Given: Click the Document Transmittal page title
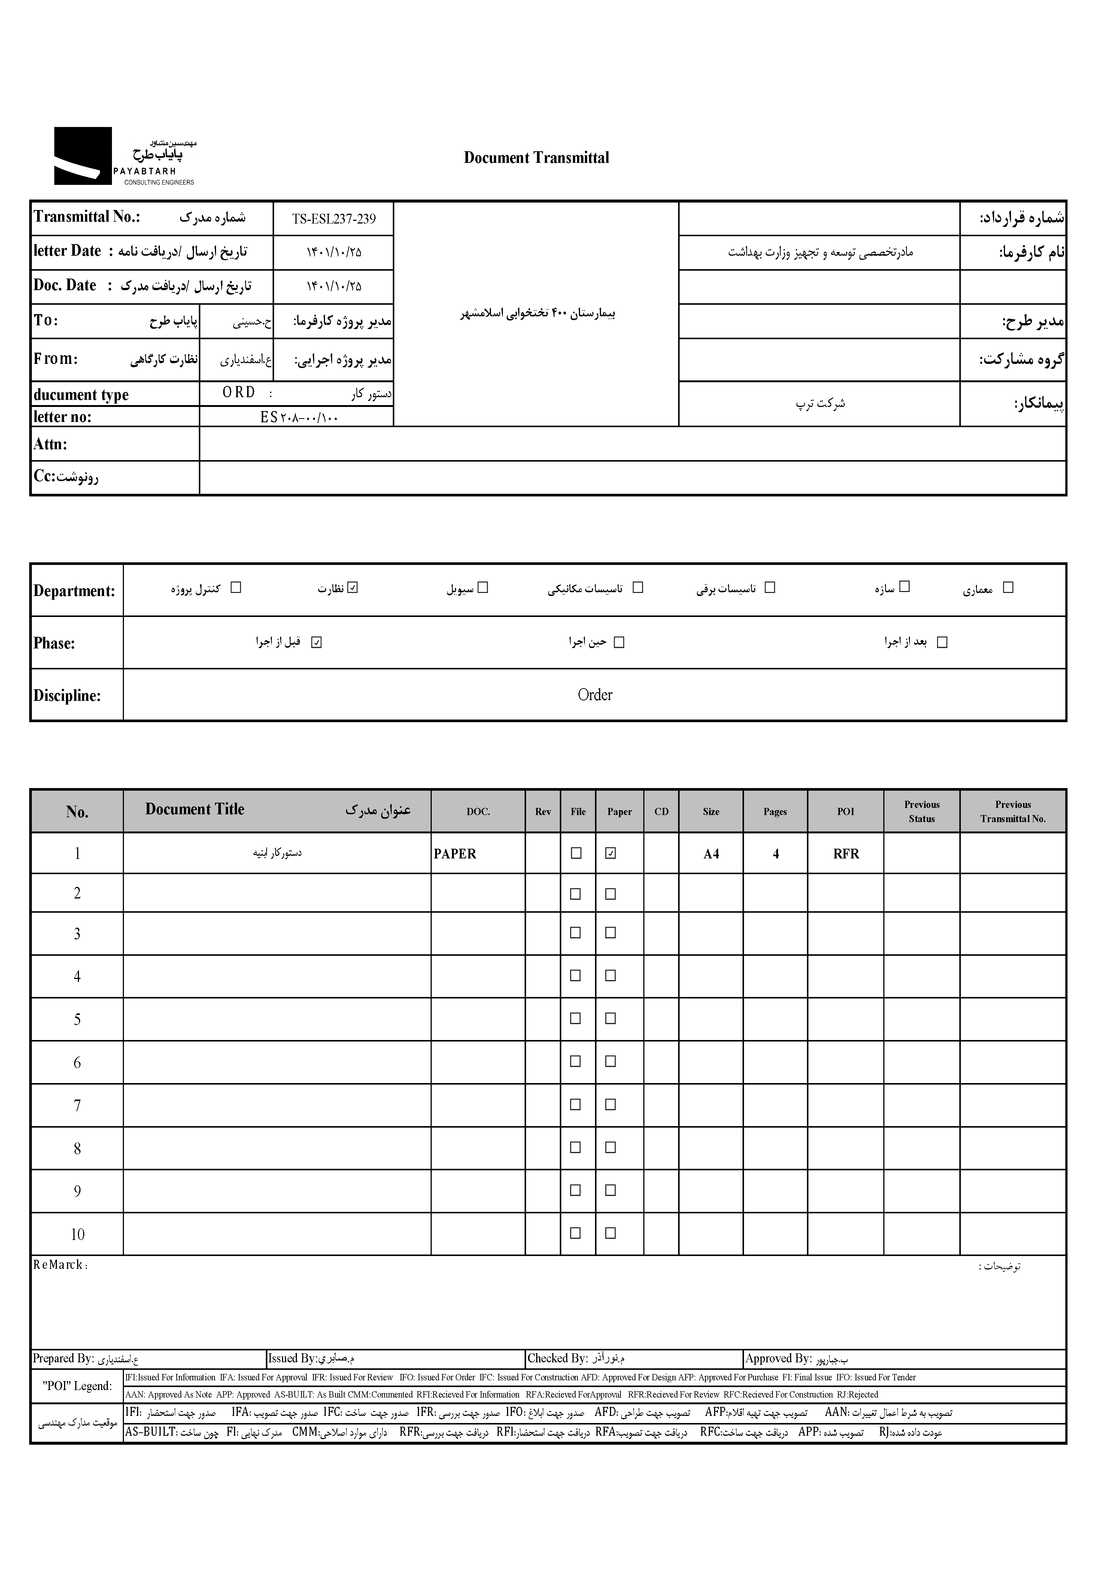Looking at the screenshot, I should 536,158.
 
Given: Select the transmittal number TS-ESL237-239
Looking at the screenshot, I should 334,218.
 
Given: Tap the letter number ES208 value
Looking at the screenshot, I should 299,417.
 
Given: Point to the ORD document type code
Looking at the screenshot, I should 239,392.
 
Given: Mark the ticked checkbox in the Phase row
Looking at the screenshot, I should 316,642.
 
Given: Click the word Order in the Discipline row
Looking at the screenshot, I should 595,695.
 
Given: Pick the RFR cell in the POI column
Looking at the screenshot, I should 846,854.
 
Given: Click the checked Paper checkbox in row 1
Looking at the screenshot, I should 611,853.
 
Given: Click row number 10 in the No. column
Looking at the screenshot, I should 78,1234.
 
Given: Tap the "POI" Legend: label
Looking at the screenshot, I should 77,1386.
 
